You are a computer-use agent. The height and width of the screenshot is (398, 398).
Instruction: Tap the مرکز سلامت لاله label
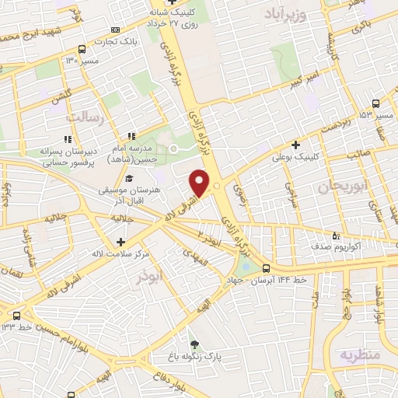pyautogui.click(x=120, y=254)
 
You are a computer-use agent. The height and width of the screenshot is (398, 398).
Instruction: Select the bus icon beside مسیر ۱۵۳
pyautogui.click(x=376, y=103)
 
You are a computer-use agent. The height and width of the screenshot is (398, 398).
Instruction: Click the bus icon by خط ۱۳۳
pyautogui.click(x=17, y=316)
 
